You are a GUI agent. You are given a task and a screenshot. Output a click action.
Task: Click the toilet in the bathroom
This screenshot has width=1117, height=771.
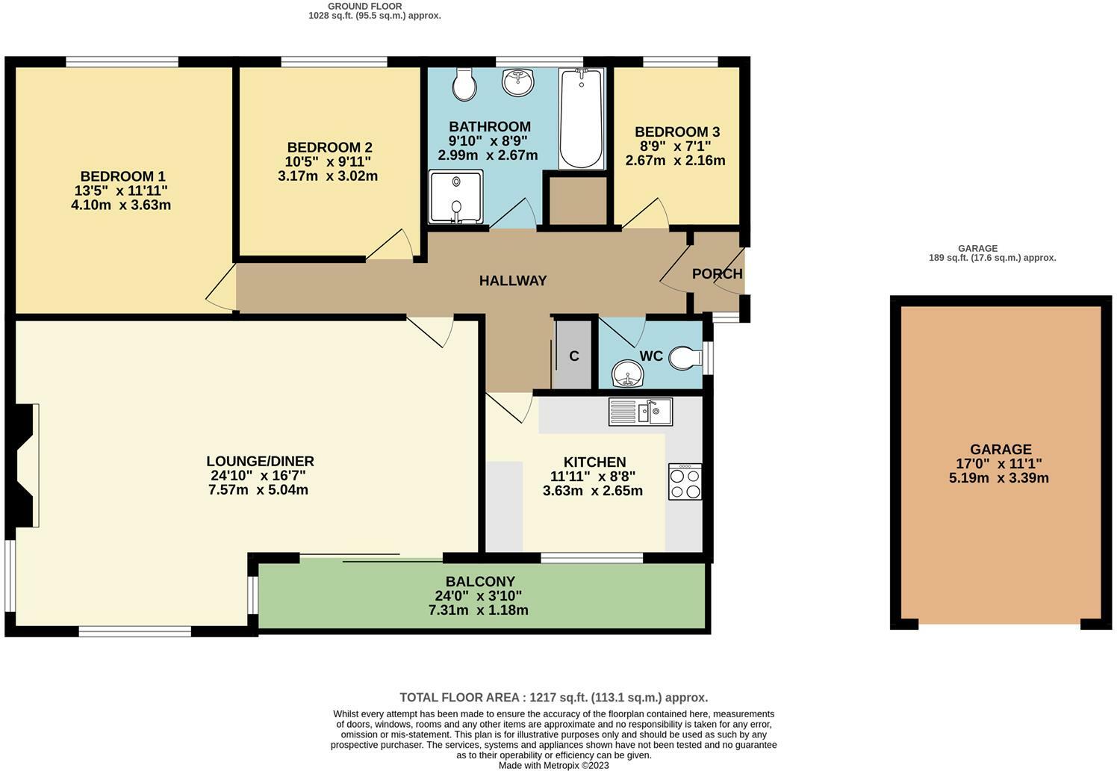464,84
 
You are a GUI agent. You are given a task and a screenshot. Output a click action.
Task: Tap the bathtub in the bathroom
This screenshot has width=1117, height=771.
582,119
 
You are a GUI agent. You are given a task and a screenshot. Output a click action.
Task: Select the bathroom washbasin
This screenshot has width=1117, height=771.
518,82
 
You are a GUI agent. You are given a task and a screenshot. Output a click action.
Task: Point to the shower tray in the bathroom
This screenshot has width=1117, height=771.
455,196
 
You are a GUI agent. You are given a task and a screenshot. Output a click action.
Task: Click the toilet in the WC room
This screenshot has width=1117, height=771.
686,358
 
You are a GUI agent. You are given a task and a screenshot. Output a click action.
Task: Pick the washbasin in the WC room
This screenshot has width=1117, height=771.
628,374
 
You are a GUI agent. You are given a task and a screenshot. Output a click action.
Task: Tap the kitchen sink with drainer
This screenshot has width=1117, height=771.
641,412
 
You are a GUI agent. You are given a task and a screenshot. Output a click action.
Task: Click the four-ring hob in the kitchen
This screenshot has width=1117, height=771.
685,482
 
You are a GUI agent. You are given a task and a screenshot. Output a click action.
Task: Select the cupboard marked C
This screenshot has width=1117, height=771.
573,356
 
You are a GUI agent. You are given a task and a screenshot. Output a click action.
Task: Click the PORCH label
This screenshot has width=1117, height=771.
717,274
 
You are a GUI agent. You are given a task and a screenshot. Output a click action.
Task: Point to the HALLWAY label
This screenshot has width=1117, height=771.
513,281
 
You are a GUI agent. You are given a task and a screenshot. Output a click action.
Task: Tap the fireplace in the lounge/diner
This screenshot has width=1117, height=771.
25,465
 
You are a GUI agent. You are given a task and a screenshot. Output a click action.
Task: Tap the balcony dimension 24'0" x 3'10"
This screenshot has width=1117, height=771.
478,596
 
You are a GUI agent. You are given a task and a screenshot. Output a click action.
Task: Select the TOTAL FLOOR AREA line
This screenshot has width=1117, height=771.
553,698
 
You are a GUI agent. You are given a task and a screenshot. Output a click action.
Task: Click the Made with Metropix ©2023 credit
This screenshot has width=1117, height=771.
553,766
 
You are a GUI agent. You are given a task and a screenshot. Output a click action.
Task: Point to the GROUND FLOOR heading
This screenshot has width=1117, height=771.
364,7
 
